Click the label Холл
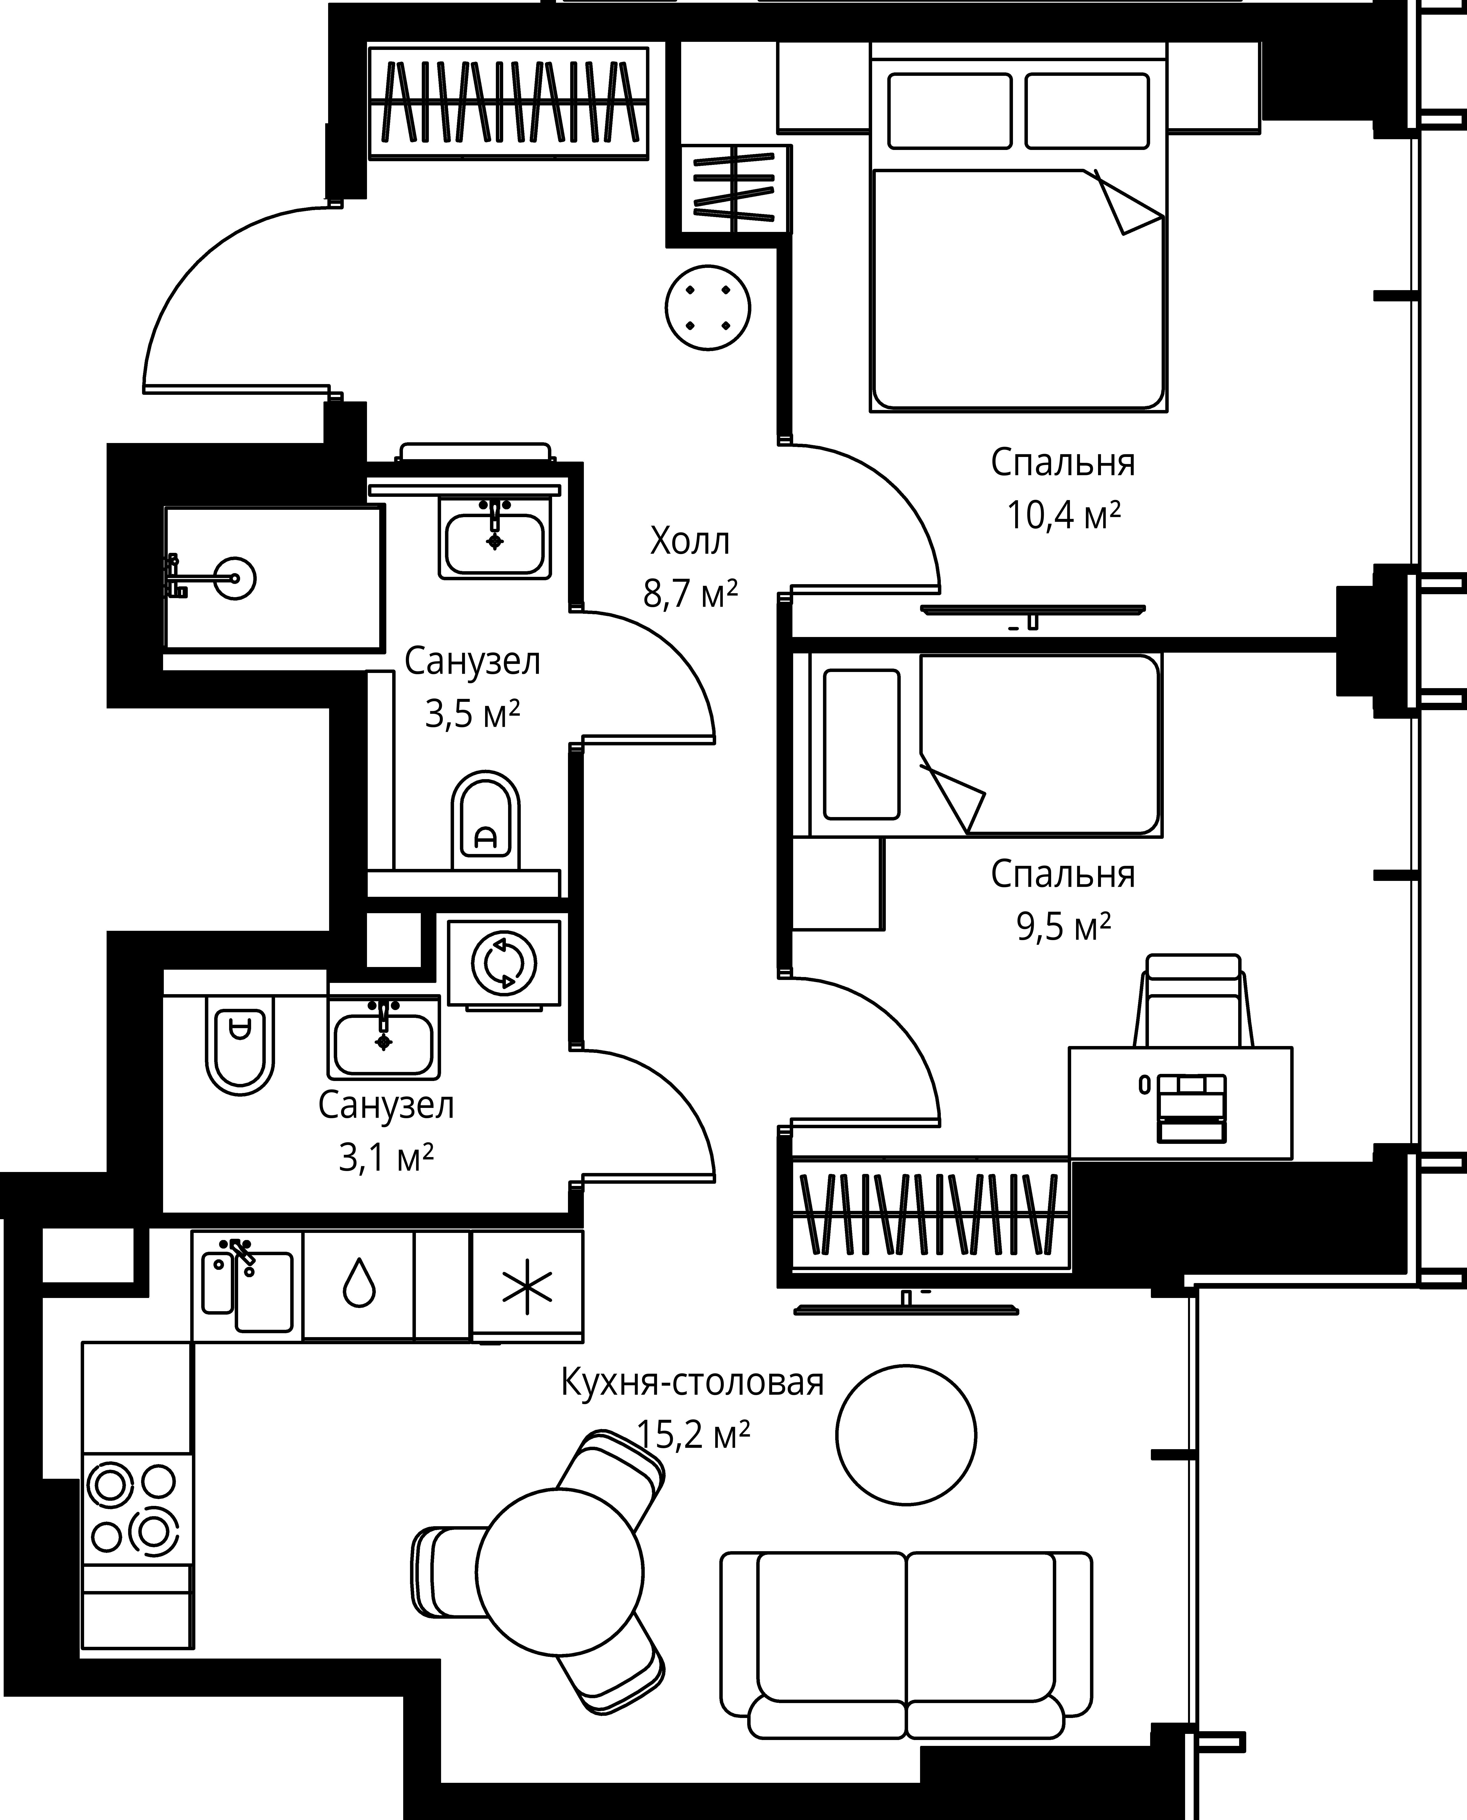[x=689, y=541]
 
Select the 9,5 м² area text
[x=1063, y=926]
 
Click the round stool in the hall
[x=708, y=308]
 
